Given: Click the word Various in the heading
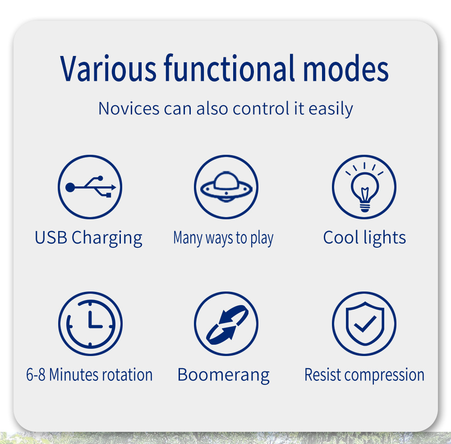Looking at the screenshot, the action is coord(108,68).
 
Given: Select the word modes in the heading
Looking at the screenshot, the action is coord(346,68).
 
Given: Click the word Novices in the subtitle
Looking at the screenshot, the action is coord(129,108).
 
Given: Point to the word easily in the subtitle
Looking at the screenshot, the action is coord(331,109).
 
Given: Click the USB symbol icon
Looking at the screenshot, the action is coord(90,187).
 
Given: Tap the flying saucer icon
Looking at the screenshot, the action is coord(226,187).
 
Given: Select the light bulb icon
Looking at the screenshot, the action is coord(364,187).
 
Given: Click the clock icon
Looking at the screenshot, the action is coord(90,324).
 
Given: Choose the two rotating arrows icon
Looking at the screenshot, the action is coord(226,324).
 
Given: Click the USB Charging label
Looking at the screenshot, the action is coord(88,238).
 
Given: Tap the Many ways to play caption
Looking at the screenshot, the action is coord(223,238).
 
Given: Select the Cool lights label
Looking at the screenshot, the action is coord(364,237).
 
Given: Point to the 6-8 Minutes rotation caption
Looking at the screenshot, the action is coord(89,375).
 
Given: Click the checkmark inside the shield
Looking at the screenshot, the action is coord(365,324).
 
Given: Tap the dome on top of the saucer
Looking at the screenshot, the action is coord(226,180).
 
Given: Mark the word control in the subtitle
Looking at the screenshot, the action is coord(261,108).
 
